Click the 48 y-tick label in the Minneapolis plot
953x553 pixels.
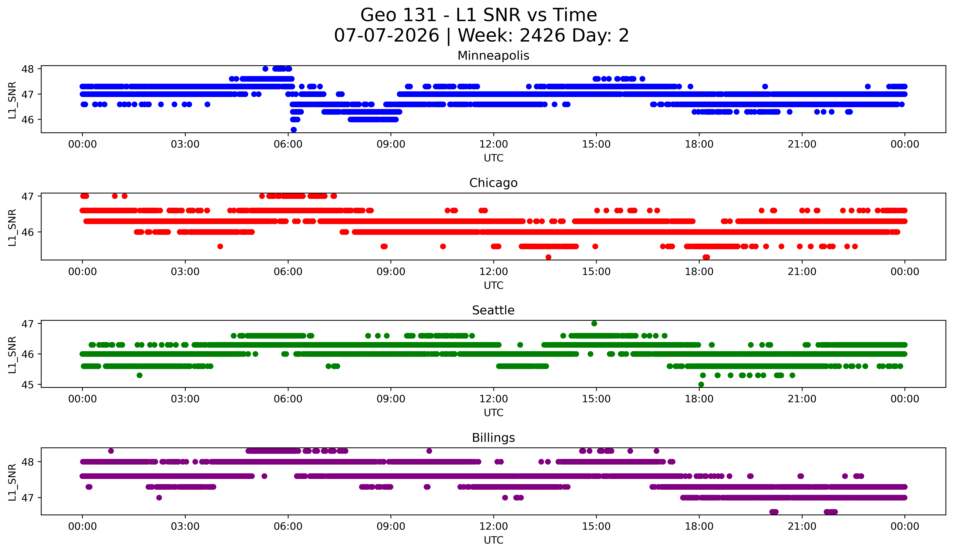click(28, 69)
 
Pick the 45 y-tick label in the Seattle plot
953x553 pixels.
click(28, 385)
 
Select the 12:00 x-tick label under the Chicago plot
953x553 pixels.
click(494, 271)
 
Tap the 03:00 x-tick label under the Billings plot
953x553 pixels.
click(185, 526)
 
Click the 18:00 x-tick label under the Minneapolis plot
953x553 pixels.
click(699, 144)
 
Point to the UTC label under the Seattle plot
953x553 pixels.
click(494, 413)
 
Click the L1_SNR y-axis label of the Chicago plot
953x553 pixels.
click(12, 228)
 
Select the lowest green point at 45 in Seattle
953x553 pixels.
click(701, 384)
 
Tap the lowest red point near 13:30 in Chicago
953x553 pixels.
click(548, 257)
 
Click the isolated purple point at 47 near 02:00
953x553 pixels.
click(159, 497)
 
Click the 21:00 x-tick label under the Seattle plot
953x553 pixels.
click(802, 399)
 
